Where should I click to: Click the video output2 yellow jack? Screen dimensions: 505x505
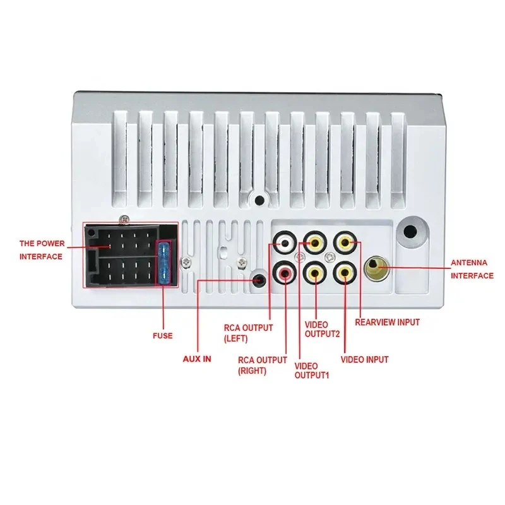pos(314,242)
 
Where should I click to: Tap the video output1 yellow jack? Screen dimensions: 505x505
pos(314,273)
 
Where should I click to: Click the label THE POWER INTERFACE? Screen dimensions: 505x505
pos(41,249)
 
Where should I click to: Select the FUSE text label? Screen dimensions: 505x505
pos(162,336)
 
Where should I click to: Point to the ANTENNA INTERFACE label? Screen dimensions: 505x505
pos(472,268)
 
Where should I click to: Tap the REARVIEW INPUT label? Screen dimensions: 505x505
pos(387,322)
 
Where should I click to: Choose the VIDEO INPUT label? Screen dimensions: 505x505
pos(364,360)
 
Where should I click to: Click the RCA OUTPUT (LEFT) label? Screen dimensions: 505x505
pos(248,333)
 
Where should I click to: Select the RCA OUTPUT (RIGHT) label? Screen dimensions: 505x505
pos(261,365)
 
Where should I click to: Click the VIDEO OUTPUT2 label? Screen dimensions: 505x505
pos(322,329)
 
